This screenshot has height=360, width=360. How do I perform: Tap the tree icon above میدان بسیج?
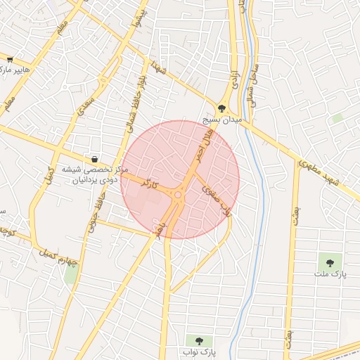click(x=223, y=109)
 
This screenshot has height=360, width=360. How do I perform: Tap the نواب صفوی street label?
click(x=217, y=200)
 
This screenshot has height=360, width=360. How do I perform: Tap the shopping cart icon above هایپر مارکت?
click(x=9, y=60)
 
